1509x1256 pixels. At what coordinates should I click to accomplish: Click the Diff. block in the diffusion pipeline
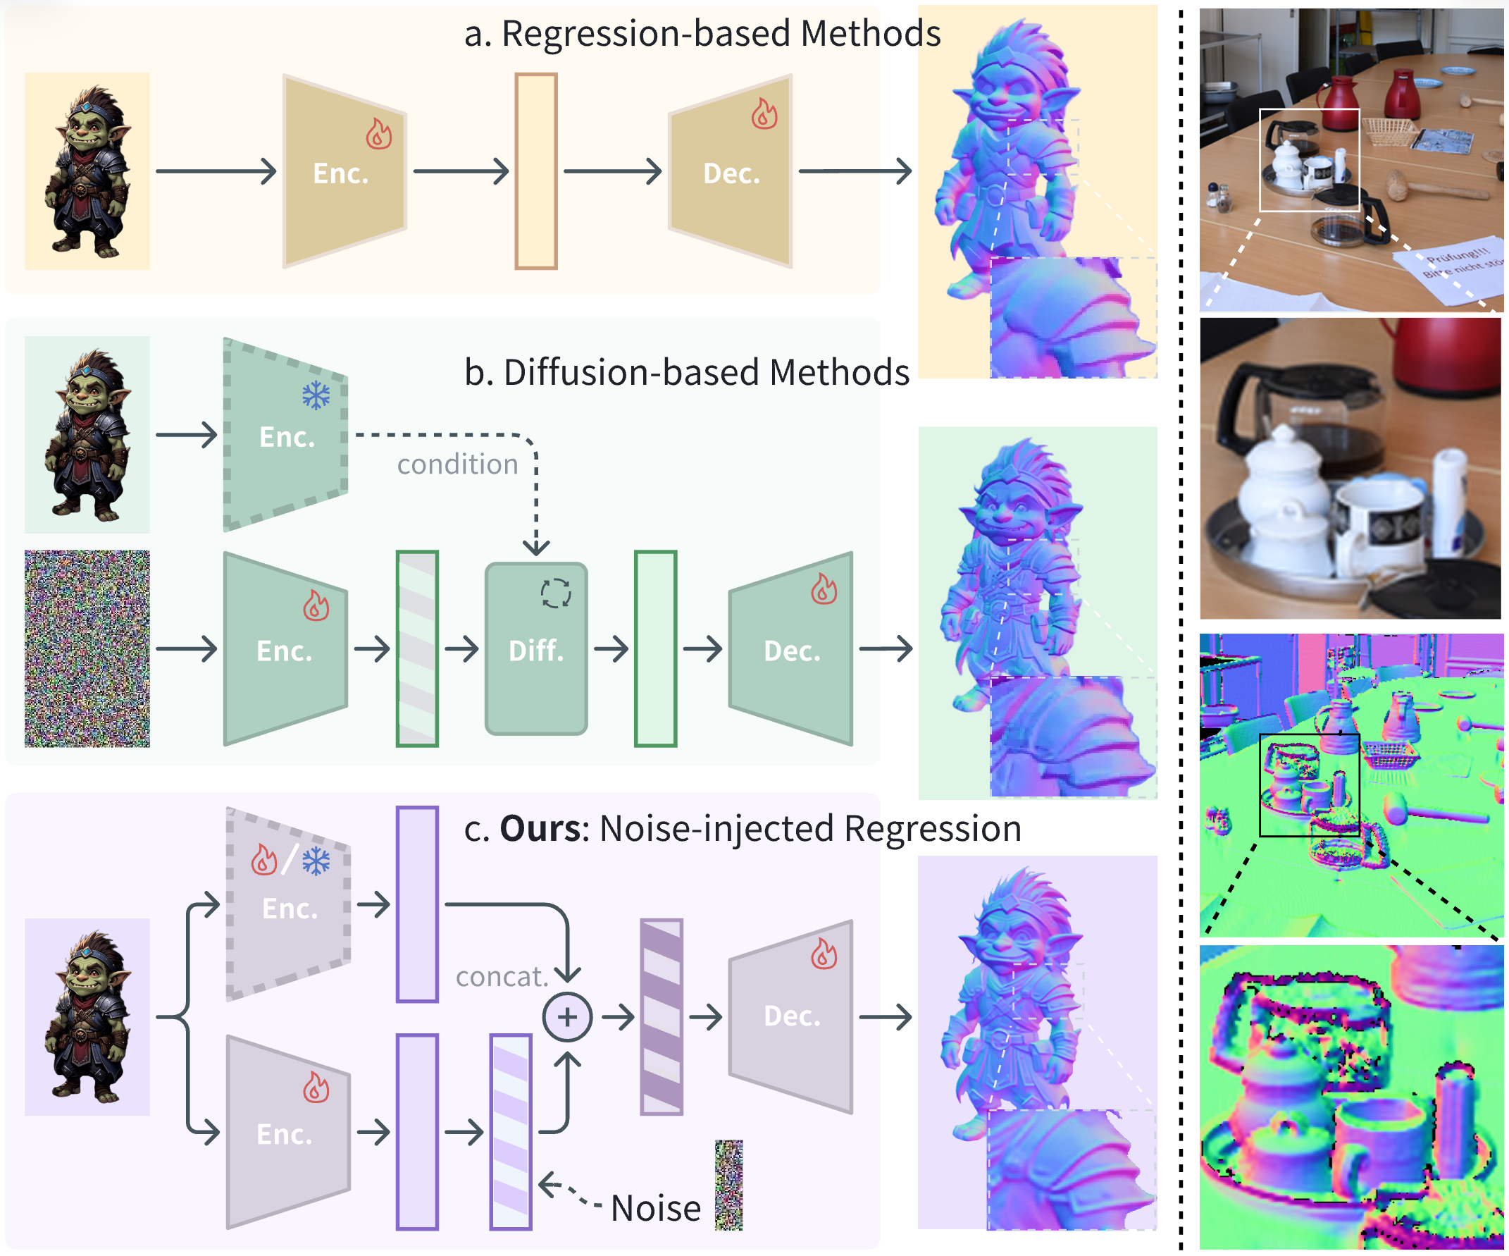(x=536, y=648)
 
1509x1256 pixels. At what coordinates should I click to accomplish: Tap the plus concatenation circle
(x=567, y=1017)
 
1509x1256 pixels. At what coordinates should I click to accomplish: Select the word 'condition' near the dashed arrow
(x=458, y=464)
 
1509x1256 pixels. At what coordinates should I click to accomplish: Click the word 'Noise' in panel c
(x=655, y=1209)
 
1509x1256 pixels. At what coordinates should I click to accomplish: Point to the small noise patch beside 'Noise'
(x=728, y=1186)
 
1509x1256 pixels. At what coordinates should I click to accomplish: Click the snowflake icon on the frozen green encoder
(x=316, y=395)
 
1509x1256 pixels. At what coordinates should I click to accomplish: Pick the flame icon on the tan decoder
(x=764, y=113)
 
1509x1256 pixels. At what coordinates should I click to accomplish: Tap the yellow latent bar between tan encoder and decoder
(x=536, y=171)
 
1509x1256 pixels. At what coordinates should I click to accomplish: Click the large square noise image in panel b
(x=87, y=648)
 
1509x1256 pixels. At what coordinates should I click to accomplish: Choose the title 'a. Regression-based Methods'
(x=702, y=33)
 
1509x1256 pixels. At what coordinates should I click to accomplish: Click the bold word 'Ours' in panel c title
(x=540, y=828)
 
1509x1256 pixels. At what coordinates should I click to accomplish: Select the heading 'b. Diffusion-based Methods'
(x=687, y=372)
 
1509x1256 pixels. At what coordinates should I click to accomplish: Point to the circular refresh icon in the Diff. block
(x=555, y=594)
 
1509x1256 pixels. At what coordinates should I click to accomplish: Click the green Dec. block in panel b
(x=791, y=648)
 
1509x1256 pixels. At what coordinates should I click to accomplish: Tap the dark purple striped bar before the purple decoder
(x=661, y=1016)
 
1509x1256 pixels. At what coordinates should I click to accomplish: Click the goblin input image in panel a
(x=87, y=171)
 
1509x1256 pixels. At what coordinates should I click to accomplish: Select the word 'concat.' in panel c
(x=502, y=976)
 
